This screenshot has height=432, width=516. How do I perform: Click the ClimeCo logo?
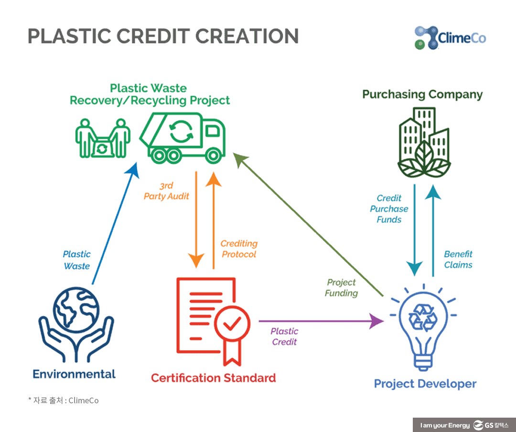(450, 38)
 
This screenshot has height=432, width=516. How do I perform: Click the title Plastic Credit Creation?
(163, 36)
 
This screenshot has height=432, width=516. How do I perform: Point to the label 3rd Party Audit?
(166, 190)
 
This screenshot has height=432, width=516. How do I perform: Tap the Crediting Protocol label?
(239, 249)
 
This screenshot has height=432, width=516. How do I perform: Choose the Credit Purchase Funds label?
(389, 209)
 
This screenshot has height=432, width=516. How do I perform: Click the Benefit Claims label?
(458, 259)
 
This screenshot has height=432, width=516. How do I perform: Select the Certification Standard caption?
(213, 378)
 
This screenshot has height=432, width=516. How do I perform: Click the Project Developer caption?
(425, 384)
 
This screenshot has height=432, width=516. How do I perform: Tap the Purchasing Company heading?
(422, 94)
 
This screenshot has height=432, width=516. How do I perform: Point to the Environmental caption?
(74, 374)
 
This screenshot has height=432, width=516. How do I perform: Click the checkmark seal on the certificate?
(232, 325)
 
